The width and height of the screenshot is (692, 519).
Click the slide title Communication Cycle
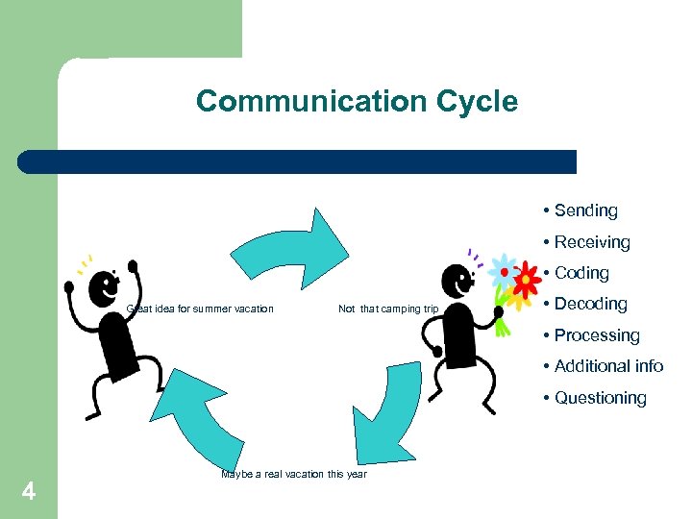click(x=357, y=101)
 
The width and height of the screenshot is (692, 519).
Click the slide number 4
click(x=29, y=492)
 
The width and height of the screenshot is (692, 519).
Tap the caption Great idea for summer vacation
click(x=200, y=309)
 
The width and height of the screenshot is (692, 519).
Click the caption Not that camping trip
click(x=388, y=309)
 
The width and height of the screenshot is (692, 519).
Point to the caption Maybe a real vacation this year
click(x=293, y=474)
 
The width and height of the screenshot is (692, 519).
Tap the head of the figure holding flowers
click(x=457, y=281)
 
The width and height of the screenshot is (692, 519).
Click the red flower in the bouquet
click(x=527, y=281)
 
